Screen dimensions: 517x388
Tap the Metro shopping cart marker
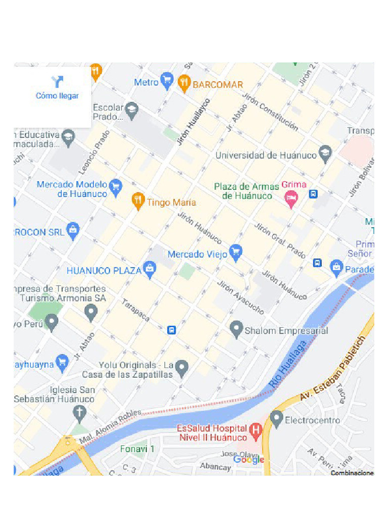167,81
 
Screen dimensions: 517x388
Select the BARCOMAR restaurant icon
185,83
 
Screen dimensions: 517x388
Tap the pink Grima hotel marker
291,198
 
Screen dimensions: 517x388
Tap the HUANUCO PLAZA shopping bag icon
150,270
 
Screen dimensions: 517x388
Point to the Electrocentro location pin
276,419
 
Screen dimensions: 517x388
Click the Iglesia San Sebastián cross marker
79,413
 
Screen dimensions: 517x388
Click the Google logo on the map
249,459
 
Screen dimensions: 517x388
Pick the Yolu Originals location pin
182,368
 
